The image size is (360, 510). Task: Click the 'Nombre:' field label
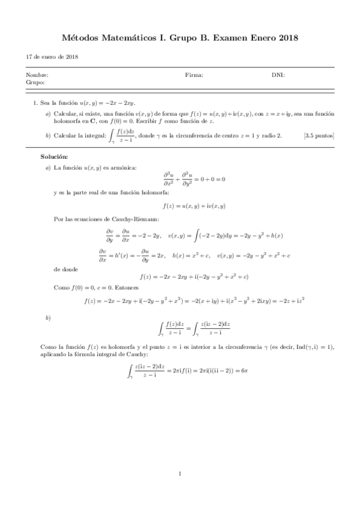[x=37, y=75]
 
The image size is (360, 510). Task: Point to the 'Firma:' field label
[x=194, y=75]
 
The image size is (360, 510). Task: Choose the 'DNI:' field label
[x=278, y=75]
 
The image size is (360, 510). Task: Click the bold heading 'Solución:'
[x=54, y=156]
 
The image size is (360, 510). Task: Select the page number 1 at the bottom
[x=180, y=475]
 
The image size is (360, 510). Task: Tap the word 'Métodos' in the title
[x=81, y=38]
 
